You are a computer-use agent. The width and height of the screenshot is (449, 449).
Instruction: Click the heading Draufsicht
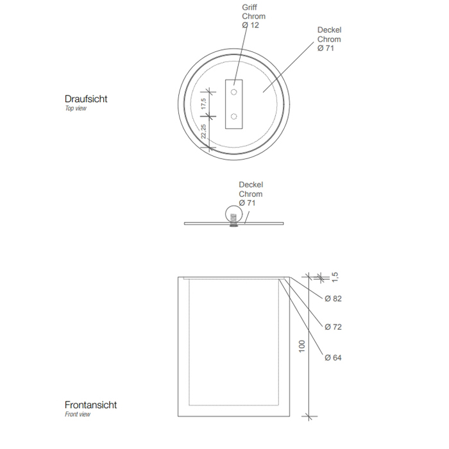click(86, 99)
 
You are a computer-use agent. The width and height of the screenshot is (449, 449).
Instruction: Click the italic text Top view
click(76, 108)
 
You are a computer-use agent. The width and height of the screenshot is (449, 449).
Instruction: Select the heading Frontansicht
click(91, 405)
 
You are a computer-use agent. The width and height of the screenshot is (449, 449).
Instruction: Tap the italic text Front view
click(78, 414)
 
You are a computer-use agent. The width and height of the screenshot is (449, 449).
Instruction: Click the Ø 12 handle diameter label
click(250, 25)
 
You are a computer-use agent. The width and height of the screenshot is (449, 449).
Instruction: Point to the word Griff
click(250, 8)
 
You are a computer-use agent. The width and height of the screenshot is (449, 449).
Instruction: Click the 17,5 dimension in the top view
click(203, 104)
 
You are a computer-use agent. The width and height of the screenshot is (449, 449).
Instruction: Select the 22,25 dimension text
click(203, 131)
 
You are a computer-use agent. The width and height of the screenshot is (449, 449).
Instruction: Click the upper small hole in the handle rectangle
click(234, 92)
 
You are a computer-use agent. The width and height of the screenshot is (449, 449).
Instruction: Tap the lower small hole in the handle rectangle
click(234, 116)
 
